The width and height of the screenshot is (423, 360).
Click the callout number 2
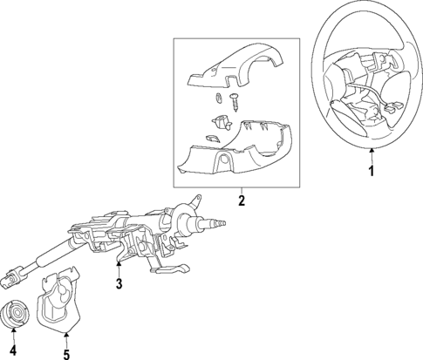click(x=242, y=201)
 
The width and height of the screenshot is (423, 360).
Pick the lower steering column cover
click(x=235, y=148)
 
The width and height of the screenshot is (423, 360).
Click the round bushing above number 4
click(x=17, y=313)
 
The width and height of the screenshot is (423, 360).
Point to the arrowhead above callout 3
click(x=120, y=266)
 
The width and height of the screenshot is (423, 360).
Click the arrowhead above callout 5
click(x=65, y=335)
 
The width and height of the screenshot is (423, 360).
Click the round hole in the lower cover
click(x=224, y=162)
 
